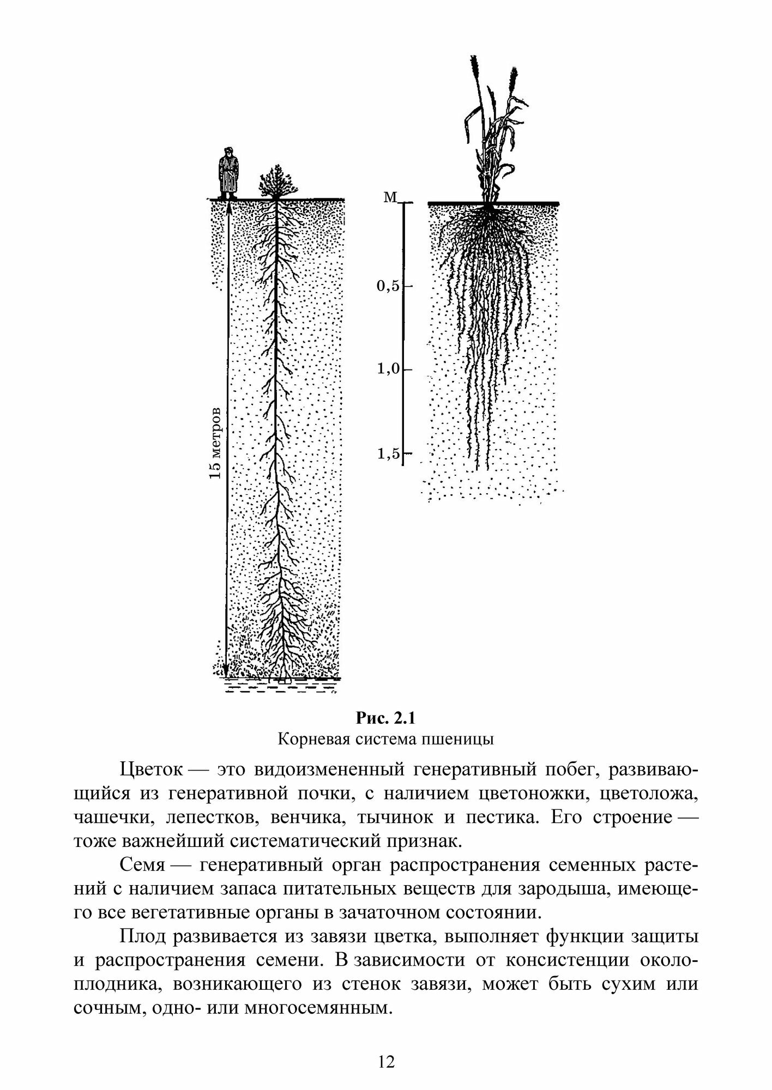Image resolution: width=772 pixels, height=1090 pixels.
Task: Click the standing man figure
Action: pyautogui.click(x=227, y=173)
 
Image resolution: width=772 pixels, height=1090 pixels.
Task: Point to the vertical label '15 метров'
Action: pyautogui.click(x=216, y=442)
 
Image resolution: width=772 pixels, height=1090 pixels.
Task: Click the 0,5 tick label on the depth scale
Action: pyautogui.click(x=388, y=286)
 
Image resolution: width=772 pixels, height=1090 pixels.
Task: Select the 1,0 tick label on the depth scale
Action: pyautogui.click(x=388, y=370)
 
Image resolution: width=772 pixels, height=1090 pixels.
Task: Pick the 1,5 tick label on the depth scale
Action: pyautogui.click(x=388, y=453)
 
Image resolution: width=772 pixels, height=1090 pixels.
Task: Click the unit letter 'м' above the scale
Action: pyautogui.click(x=390, y=197)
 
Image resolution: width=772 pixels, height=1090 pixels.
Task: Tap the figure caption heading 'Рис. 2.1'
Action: pyautogui.click(x=385, y=719)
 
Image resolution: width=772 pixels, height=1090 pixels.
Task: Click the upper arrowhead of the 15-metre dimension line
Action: pyautogui.click(x=228, y=206)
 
